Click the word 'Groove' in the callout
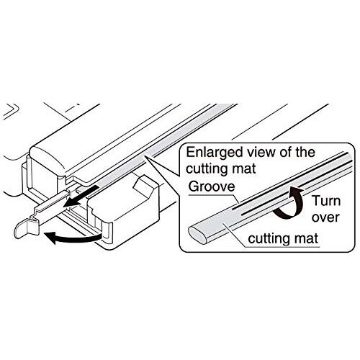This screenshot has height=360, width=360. click(x=212, y=186)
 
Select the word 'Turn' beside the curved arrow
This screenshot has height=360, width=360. click(x=326, y=201)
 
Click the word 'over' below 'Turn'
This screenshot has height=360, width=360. click(x=325, y=217)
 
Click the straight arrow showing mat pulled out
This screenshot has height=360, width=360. click(x=81, y=196)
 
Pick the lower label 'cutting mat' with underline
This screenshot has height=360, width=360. click(x=283, y=238)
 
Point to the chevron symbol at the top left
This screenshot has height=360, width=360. click(x=11, y=111)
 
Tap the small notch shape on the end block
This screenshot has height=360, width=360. click(x=143, y=186)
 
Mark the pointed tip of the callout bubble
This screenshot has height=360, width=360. click(x=145, y=156)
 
